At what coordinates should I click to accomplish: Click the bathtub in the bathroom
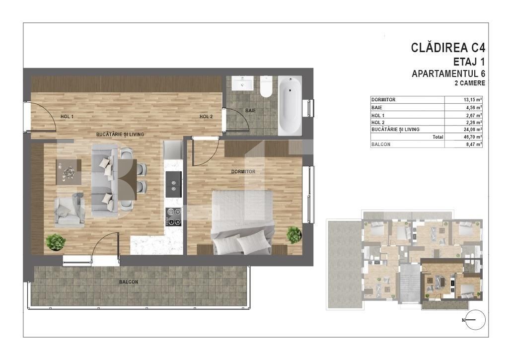pyautogui.click(x=290, y=105)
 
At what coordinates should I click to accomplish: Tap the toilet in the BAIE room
pyautogui.click(x=266, y=87)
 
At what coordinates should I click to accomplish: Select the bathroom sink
pyautogui.click(x=242, y=82)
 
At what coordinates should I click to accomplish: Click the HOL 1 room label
pyautogui.click(x=67, y=117)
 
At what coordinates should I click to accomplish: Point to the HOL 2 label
pyautogui.click(x=206, y=117)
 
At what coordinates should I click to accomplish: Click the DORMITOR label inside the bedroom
pyautogui.click(x=243, y=172)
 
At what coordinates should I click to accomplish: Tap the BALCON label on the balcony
pyautogui.click(x=129, y=282)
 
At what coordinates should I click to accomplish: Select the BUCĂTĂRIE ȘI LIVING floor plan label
pyautogui.click(x=117, y=135)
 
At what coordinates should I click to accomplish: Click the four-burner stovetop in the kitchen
pyautogui.click(x=173, y=215)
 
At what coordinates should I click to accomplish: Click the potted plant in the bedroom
pyautogui.click(x=294, y=234)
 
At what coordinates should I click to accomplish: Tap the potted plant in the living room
pyautogui.click(x=56, y=242)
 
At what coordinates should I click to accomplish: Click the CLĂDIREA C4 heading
pyautogui.click(x=448, y=48)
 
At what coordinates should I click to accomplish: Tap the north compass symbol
pyautogui.click(x=475, y=320)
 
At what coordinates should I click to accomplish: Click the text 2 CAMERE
pyautogui.click(x=469, y=83)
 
